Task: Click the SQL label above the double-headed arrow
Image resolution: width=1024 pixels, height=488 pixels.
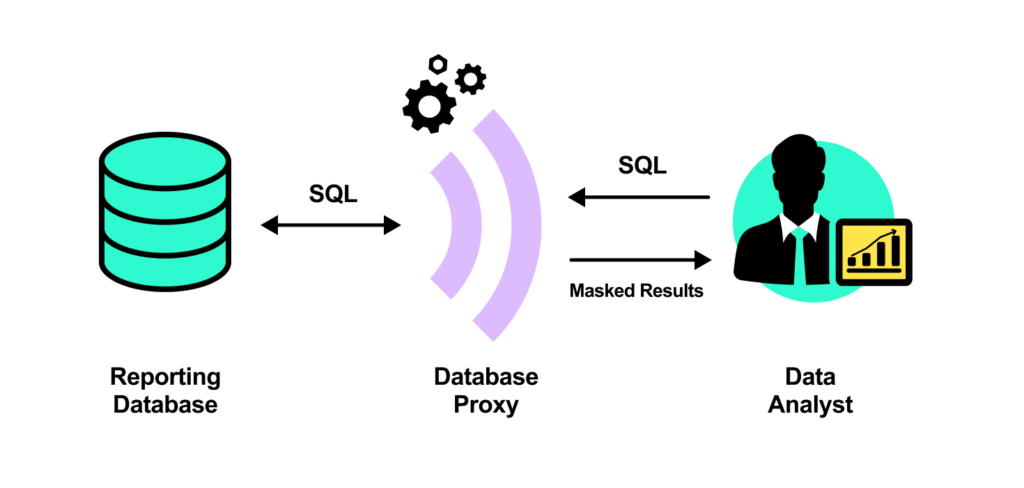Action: pyautogui.click(x=334, y=194)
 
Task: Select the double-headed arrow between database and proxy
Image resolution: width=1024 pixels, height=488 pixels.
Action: pyautogui.click(x=331, y=226)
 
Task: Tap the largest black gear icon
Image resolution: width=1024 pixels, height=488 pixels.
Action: pyautogui.click(x=429, y=104)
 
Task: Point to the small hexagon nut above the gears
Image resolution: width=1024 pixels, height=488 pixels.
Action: pyautogui.click(x=437, y=64)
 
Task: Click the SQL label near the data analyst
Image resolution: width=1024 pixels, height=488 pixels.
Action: pyautogui.click(x=642, y=165)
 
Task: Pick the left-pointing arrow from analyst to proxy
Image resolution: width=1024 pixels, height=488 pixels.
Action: pyautogui.click(x=639, y=197)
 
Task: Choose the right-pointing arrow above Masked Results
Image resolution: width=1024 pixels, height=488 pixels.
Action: pyautogui.click(x=640, y=260)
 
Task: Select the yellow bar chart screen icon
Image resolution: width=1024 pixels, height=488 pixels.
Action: pyautogui.click(x=873, y=251)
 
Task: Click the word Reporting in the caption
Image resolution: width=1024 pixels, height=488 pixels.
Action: pyautogui.click(x=165, y=377)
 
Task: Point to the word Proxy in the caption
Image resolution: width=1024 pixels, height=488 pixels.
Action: pyautogui.click(x=485, y=405)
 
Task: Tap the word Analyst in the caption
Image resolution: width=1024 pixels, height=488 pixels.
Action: pyautogui.click(x=812, y=405)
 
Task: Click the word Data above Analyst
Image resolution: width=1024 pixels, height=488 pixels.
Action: pyautogui.click(x=812, y=377)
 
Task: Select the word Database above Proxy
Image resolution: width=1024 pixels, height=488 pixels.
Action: pyautogui.click(x=485, y=377)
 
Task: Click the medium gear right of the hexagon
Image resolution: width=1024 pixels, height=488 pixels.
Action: pyautogui.click(x=470, y=78)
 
